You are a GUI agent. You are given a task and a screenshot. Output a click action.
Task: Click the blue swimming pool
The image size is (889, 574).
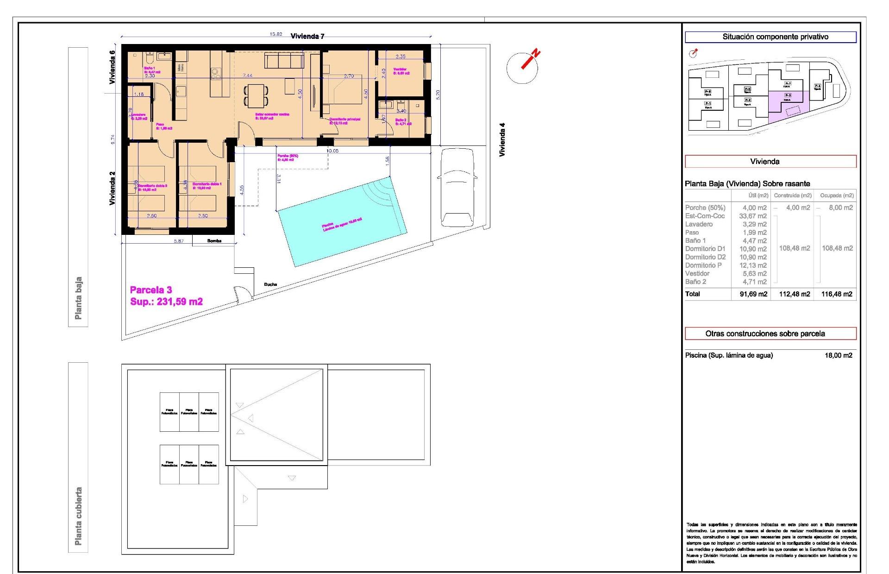pos(342,221)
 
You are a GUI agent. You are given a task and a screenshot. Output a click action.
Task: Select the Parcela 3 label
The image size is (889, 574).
pos(151,290)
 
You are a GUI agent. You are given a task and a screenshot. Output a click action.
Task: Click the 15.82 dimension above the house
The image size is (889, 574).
pos(276,34)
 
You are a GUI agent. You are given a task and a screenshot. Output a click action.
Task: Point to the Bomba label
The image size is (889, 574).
pos(214,241)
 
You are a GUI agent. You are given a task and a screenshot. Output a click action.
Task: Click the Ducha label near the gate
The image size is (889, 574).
pos(270,284)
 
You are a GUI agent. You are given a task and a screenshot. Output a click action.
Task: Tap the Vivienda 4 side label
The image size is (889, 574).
pos(502,139)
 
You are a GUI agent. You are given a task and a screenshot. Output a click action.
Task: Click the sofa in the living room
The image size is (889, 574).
pos(284,60)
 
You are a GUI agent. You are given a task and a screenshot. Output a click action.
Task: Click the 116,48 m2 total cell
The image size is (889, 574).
pos(837,294)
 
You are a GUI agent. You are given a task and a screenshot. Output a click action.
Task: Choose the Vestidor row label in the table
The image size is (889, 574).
pos(697,274)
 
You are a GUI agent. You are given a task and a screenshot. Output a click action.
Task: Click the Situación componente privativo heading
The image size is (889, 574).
pos(770,37)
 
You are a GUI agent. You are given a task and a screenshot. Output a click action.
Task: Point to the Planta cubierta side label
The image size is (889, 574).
pos(78,516)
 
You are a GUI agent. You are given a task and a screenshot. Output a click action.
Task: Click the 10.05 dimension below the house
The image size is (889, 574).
pos(332,151)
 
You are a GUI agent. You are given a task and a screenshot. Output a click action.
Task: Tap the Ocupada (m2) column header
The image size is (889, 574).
pos(837,196)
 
